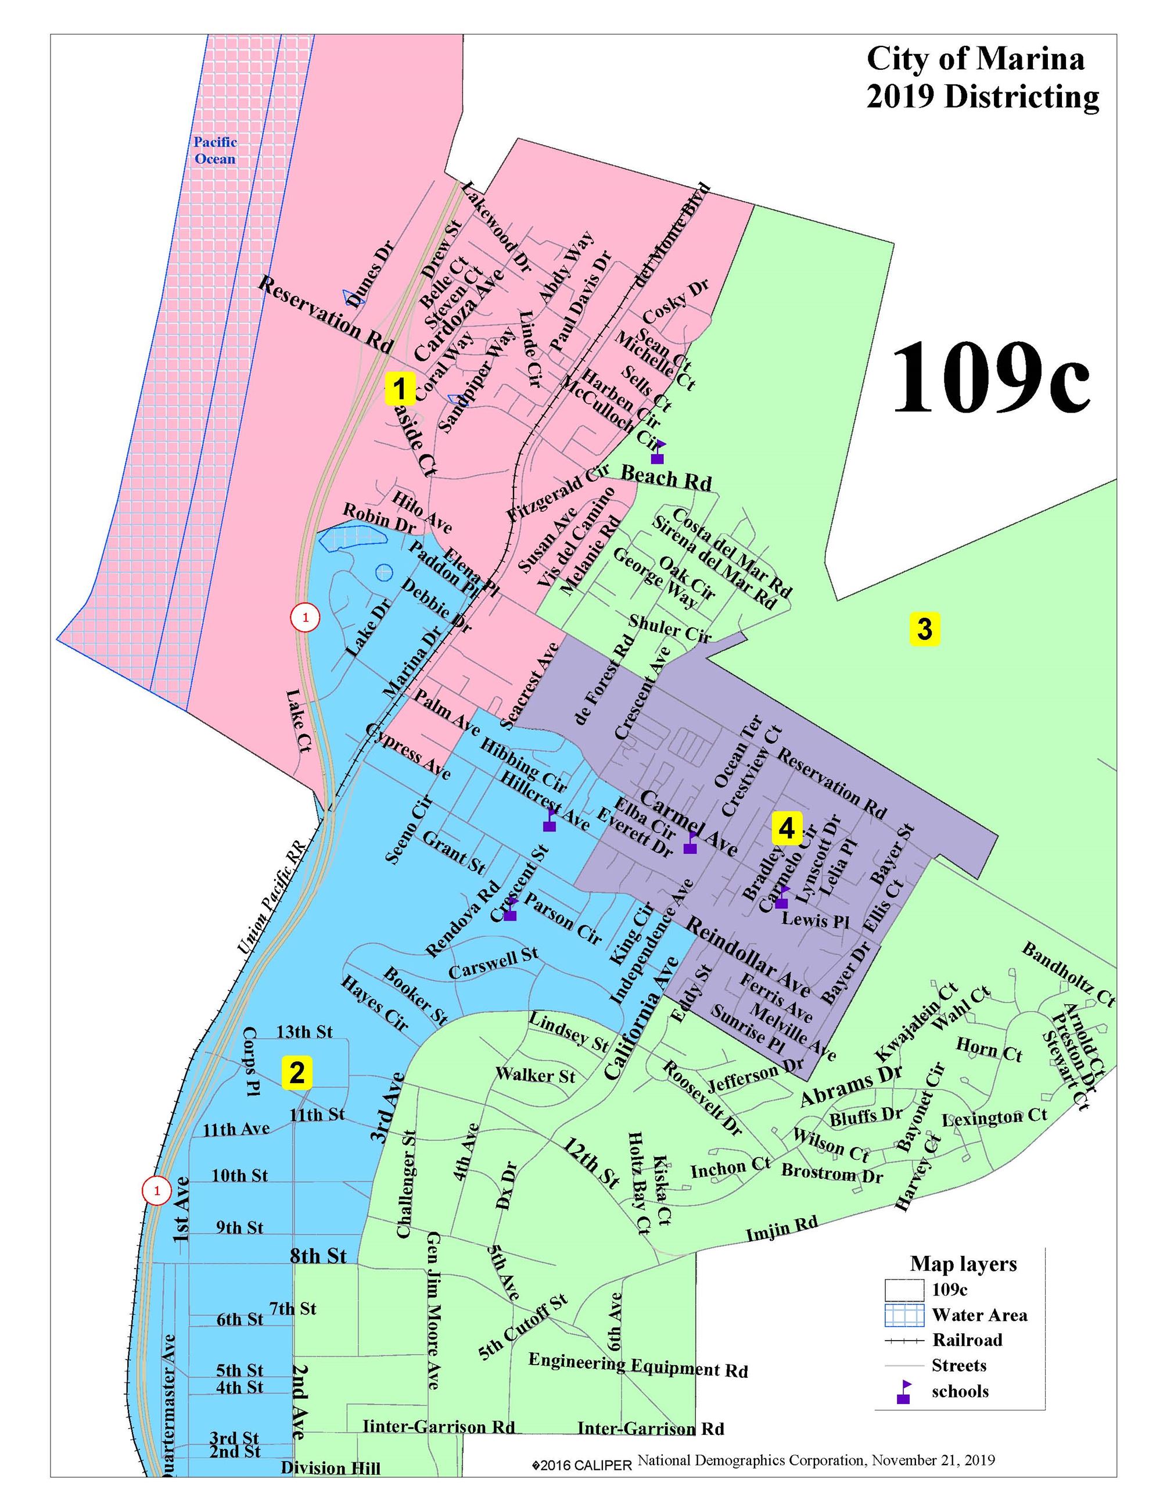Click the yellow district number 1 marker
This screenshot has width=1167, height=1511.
(x=399, y=389)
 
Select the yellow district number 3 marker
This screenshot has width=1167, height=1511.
(x=924, y=629)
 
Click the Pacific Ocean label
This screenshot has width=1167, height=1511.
(x=215, y=150)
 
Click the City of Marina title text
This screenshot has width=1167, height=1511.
(x=975, y=60)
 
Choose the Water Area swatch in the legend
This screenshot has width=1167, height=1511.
(x=904, y=1315)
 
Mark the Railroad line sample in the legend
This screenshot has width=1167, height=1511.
(x=904, y=1341)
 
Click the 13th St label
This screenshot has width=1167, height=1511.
(x=304, y=1032)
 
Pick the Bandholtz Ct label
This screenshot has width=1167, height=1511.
(x=1068, y=973)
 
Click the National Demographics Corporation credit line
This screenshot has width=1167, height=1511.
(x=816, y=1460)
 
